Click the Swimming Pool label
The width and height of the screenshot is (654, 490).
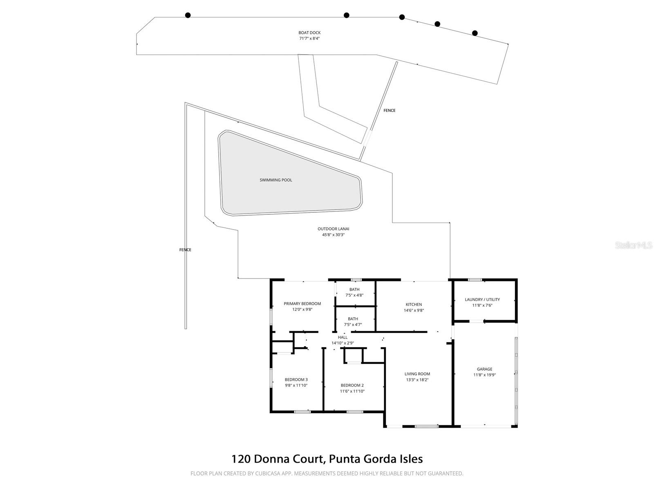pyautogui.click(x=276, y=180)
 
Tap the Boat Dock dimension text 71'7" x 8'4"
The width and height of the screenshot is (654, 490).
pyautogui.click(x=309, y=39)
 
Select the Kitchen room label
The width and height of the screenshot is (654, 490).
pyautogui.click(x=414, y=305)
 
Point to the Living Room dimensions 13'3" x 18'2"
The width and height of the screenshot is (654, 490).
pyautogui.click(x=417, y=380)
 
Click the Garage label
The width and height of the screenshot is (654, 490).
pyautogui.click(x=484, y=369)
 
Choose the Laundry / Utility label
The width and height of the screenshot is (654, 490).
pyautogui.click(x=482, y=300)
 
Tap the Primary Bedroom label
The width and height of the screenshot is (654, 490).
pyautogui.click(x=302, y=304)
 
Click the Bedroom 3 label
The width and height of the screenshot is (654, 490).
pyautogui.click(x=296, y=380)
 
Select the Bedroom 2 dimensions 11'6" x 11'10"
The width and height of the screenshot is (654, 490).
pyautogui.click(x=352, y=391)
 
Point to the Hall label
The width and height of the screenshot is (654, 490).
pyautogui.click(x=343, y=337)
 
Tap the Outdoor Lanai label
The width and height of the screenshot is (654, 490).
pyautogui.click(x=334, y=229)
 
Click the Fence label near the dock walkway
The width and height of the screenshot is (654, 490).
pyautogui.click(x=390, y=111)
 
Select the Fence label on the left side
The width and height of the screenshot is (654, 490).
pyautogui.click(x=185, y=250)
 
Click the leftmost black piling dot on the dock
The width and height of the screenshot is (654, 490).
pyautogui.click(x=188, y=16)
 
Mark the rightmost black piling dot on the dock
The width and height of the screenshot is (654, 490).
pyautogui.click(x=475, y=33)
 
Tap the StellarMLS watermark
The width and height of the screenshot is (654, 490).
pyautogui.click(x=634, y=245)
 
